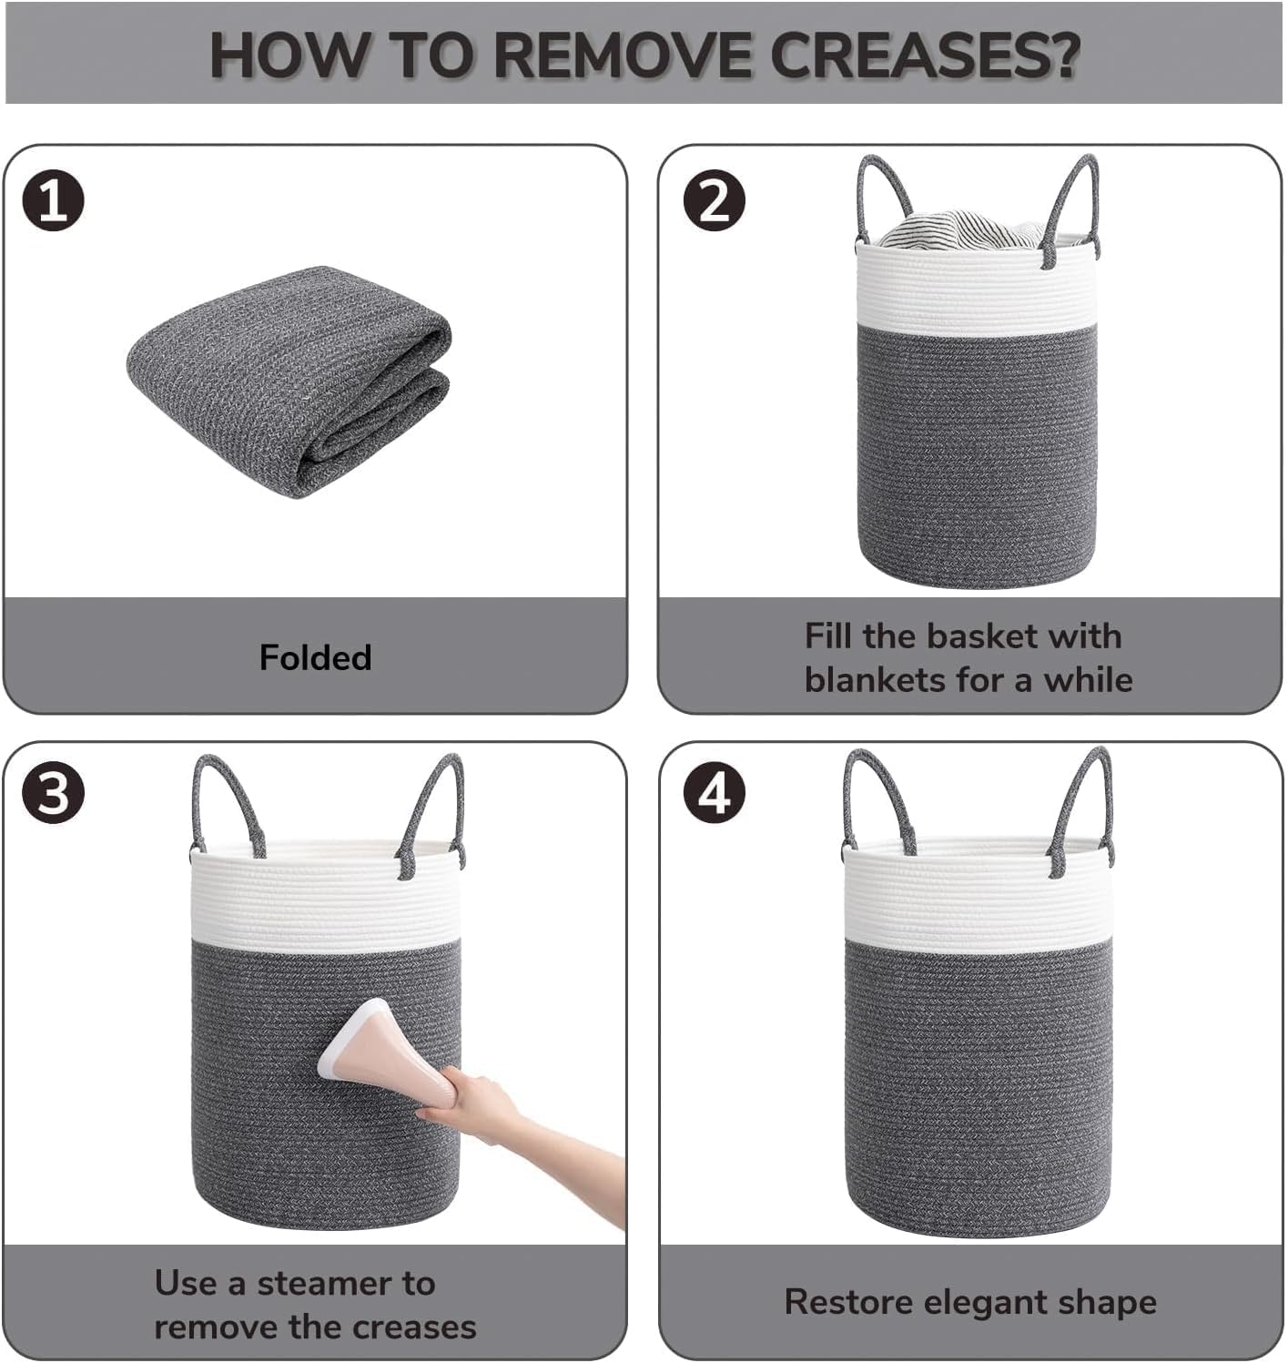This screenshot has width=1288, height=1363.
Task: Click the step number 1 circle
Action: pyautogui.click(x=54, y=201)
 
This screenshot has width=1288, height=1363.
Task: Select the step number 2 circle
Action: pyautogui.click(x=714, y=201)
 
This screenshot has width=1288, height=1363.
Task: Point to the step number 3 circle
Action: pyautogui.click(x=54, y=793)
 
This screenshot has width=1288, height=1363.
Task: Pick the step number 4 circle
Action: pyautogui.click(x=715, y=793)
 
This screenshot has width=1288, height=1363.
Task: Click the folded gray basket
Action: pyautogui.click(x=289, y=381)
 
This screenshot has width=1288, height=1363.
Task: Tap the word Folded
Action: pyautogui.click(x=316, y=657)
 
